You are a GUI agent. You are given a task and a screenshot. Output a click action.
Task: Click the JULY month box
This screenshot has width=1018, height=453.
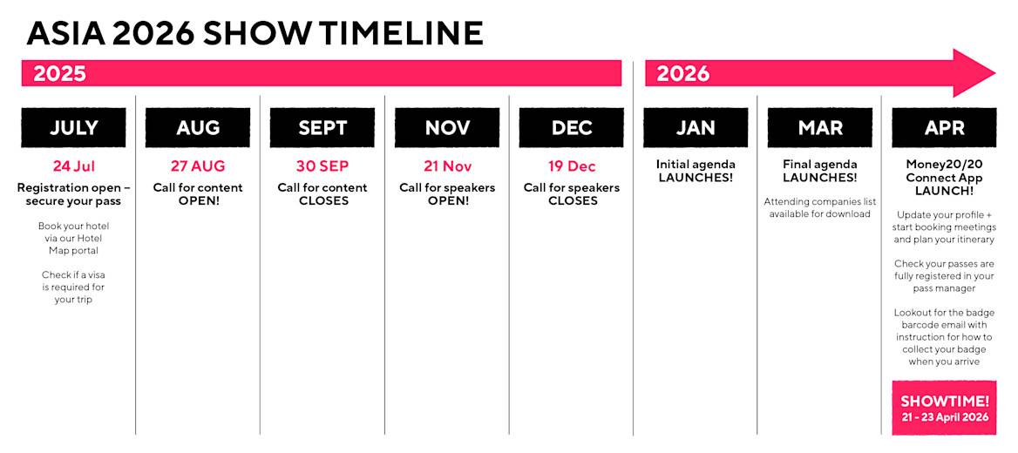tap(73, 128)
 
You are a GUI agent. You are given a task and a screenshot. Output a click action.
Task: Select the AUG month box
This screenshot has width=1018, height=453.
tap(198, 128)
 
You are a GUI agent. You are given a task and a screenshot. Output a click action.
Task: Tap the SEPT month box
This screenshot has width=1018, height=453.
tap(322, 128)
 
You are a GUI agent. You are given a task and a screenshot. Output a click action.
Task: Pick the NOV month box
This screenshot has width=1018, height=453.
tap(447, 128)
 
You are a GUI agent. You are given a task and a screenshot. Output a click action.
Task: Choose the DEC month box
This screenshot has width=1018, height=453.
tap(572, 128)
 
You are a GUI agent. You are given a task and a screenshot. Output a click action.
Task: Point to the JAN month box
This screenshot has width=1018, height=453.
tap(696, 128)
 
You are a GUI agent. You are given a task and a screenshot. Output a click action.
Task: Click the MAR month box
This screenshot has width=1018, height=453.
tap(820, 128)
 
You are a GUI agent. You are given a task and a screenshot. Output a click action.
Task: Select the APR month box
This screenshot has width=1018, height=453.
tap(944, 128)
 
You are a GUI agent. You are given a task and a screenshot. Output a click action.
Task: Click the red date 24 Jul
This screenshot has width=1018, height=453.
tap(73, 166)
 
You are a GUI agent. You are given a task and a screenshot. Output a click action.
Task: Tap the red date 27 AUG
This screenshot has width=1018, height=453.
tap(198, 166)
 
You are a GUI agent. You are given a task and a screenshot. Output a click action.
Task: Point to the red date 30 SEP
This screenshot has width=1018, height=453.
tap(322, 166)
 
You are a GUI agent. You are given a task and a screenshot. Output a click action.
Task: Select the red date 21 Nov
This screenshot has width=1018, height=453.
tap(447, 166)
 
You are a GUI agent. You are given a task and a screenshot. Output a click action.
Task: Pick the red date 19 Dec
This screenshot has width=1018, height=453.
tap(572, 166)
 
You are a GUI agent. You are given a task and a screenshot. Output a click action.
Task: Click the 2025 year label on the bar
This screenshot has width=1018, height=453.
tap(60, 73)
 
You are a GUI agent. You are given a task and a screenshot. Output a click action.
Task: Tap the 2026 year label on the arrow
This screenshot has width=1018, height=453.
tap(683, 73)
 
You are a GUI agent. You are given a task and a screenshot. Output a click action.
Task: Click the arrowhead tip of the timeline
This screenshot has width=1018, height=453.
tap(995, 73)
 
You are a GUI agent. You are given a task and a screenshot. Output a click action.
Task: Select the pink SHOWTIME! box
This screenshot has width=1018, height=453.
tap(944, 408)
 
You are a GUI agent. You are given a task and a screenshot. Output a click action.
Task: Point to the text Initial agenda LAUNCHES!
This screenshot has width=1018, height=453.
tap(696, 171)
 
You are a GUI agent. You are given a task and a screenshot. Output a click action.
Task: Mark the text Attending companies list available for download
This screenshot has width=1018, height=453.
tap(820, 207)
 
